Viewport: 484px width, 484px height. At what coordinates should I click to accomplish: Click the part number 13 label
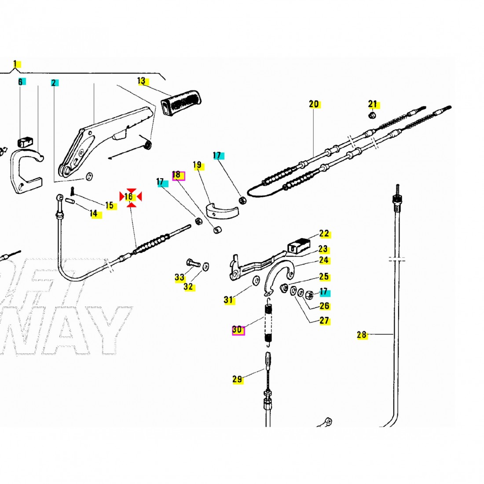[142, 81]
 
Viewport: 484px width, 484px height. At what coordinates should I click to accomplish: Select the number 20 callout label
[314, 105]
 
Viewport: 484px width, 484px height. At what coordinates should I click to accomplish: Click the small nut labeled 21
[371, 116]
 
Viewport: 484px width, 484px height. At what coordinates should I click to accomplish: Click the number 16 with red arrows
[130, 197]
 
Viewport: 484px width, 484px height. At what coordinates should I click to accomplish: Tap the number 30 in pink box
[238, 330]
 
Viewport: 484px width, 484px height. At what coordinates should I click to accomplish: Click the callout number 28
[362, 335]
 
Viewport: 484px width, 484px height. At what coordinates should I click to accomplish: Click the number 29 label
[238, 379]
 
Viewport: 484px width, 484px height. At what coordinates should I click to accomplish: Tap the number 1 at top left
[16, 64]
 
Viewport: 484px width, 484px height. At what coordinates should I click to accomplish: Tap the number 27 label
[324, 320]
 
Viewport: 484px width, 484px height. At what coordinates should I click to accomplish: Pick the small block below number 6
[24, 142]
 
